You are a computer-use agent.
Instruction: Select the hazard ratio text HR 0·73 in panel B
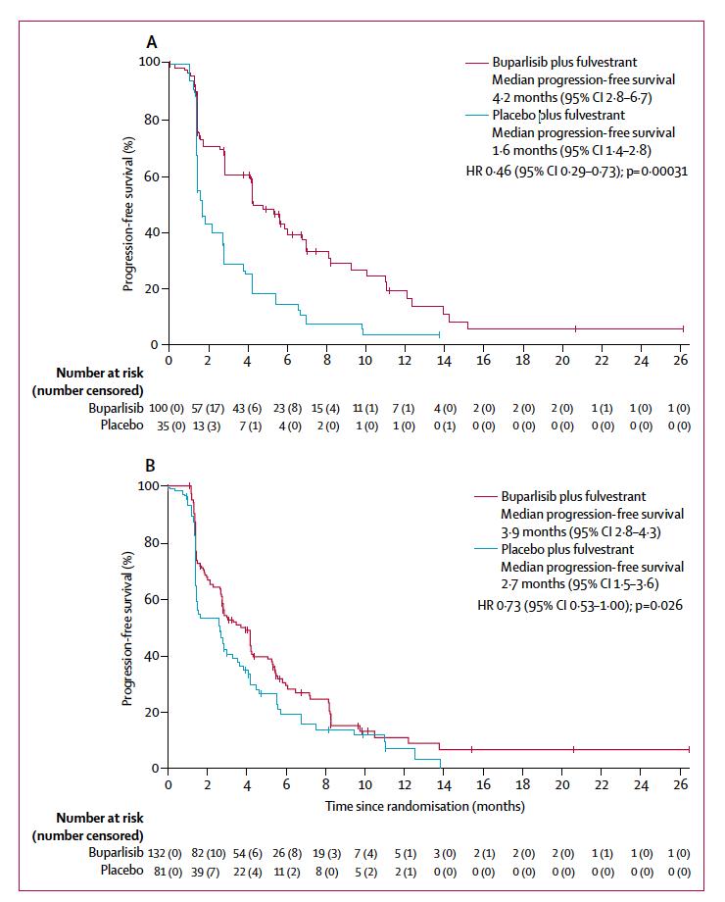[491, 605]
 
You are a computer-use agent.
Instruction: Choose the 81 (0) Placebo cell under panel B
[169, 870]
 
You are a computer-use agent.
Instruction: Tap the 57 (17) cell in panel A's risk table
[209, 407]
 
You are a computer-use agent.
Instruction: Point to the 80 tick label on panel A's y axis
[150, 120]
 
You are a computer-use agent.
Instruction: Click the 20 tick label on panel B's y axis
[150, 712]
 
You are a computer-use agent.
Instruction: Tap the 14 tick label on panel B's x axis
[444, 784]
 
